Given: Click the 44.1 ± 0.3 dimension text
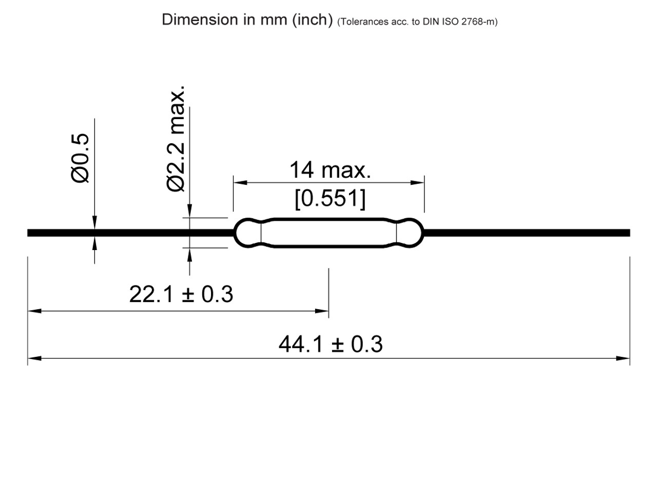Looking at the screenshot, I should coord(331,344).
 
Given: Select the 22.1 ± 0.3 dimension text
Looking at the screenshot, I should coord(181,295).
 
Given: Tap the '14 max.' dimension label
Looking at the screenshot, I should coord(330,170).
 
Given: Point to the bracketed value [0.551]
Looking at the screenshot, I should coord(330,198).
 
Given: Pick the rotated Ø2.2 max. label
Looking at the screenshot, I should coord(176,140).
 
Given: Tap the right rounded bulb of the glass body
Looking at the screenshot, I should coord(410,233).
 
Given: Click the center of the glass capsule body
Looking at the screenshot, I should coord(328,233).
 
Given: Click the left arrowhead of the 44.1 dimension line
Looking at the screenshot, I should coord(33,358).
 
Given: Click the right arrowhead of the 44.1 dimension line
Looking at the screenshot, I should coord(624,358).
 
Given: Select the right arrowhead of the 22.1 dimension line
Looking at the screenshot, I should coord(323,311).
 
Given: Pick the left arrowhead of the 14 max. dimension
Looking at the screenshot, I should coord(240,182).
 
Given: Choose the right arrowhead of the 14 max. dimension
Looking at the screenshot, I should coord(418,182).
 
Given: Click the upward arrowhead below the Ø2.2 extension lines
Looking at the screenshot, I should coord(189,254).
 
